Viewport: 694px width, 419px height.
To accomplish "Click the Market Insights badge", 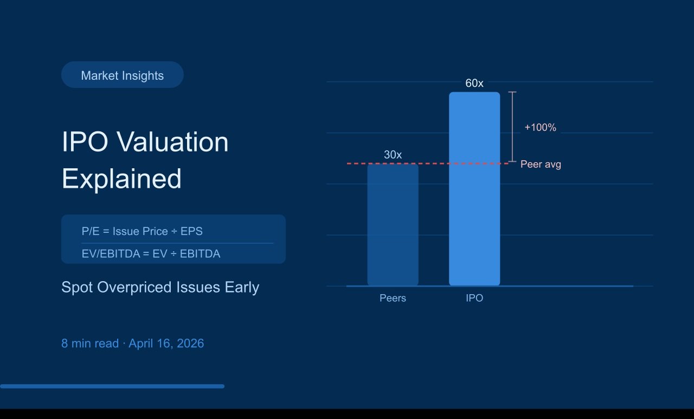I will click(122, 75).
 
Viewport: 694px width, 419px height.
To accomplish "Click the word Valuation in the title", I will click(172, 142).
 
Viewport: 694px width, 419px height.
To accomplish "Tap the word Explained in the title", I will click(121, 179).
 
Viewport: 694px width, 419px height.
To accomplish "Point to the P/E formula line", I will click(142, 231).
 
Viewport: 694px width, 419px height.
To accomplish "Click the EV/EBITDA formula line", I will click(151, 253).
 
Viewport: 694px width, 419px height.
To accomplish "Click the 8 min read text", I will click(90, 344).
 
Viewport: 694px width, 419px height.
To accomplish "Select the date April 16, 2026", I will click(166, 344).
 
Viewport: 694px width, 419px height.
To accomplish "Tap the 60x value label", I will click(474, 84).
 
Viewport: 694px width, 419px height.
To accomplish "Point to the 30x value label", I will click(393, 155).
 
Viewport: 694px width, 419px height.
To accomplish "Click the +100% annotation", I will click(540, 128).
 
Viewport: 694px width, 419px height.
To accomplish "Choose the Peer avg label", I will click(541, 164).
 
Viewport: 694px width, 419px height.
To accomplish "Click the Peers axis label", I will click(393, 299).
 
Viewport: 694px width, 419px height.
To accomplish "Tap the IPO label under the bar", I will click(474, 299).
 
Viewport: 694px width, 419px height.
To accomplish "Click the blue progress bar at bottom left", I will click(112, 386).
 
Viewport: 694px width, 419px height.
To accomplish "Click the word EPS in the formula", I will click(191, 231).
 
